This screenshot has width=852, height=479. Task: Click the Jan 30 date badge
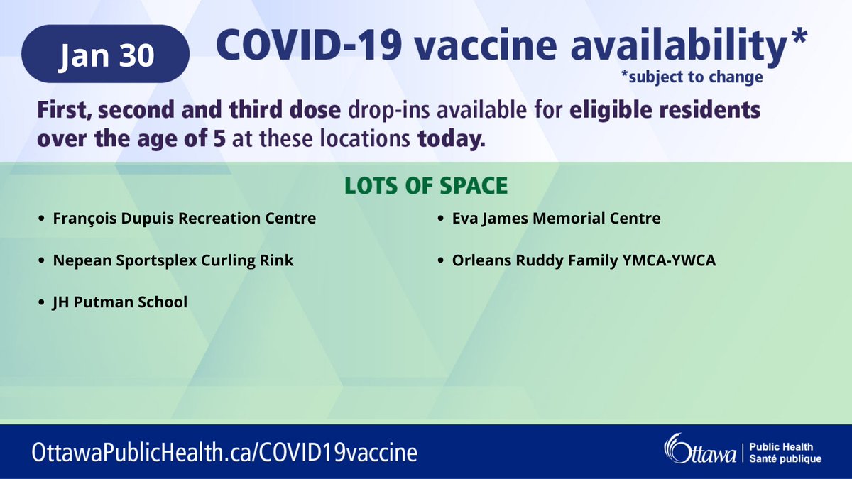106,55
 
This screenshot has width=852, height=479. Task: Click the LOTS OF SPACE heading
426,186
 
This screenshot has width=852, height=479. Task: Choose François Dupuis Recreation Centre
185,219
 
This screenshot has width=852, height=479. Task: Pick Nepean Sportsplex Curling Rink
173,260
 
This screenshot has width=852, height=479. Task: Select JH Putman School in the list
120,302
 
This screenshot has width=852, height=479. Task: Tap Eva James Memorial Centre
556,219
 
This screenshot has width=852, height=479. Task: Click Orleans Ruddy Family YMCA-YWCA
584,260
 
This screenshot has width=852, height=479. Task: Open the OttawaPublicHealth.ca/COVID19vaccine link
224,452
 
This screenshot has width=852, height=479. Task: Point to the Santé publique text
785,459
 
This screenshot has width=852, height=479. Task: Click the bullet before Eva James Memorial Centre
442,219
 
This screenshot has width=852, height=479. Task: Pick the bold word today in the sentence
452,139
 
